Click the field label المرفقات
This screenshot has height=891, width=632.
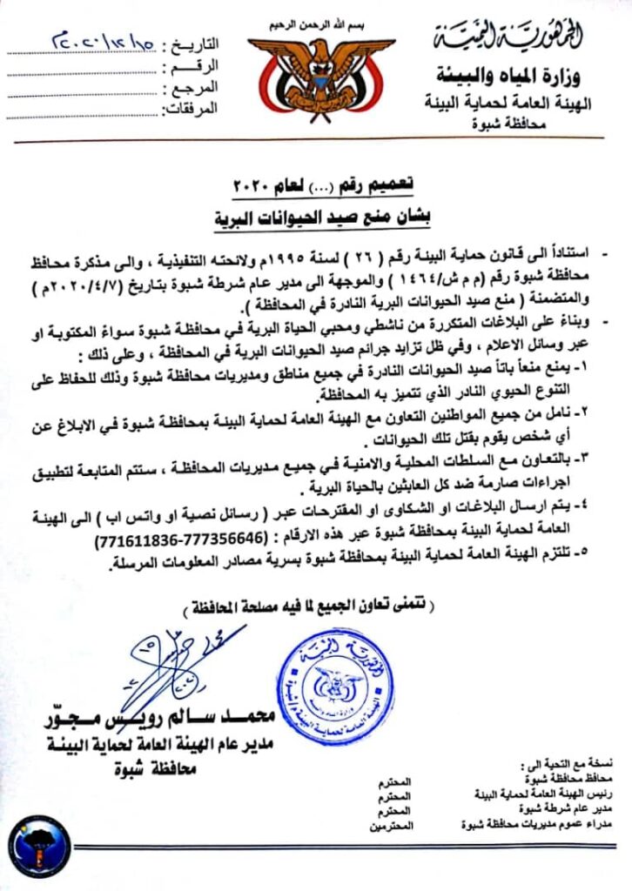(x=191, y=109)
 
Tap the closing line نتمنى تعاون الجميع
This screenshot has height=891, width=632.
(x=315, y=605)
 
